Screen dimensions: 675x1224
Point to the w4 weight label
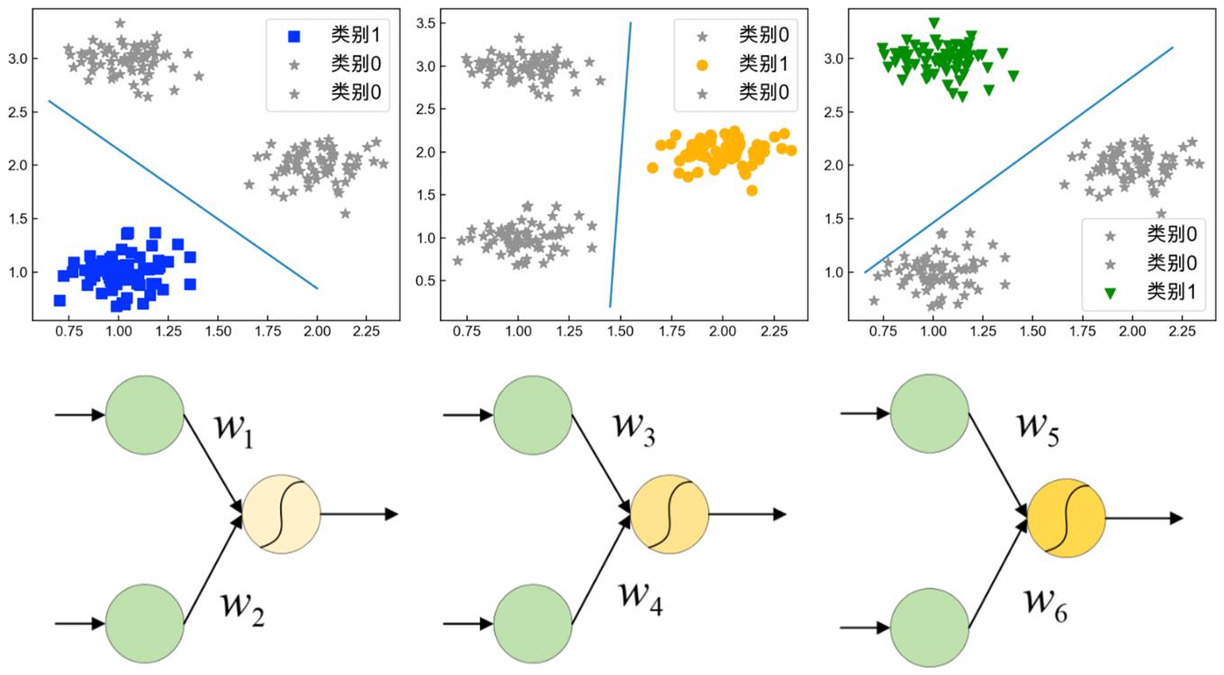click(x=641, y=596)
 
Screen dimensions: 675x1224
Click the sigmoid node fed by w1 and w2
click(x=282, y=514)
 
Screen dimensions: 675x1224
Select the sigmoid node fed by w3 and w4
click(x=670, y=514)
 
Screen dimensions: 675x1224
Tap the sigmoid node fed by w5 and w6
click(x=1066, y=517)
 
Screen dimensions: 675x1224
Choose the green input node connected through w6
click(x=930, y=625)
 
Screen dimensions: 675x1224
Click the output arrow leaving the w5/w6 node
click(x=1143, y=517)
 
